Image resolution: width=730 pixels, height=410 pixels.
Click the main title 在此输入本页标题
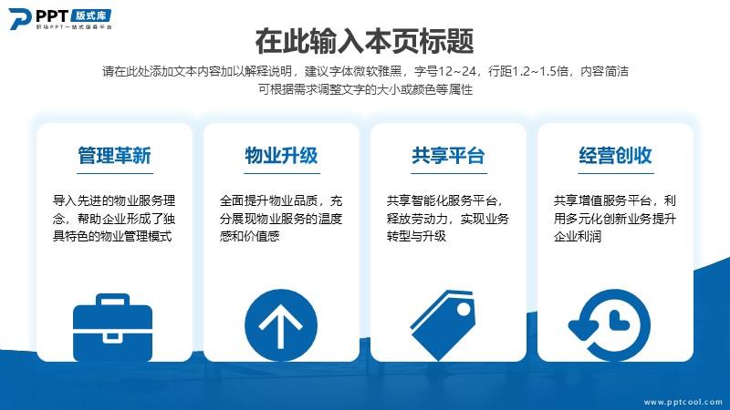click(364, 41)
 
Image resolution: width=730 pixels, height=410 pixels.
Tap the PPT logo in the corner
click(60, 19)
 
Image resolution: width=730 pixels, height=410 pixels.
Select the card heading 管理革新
click(115, 155)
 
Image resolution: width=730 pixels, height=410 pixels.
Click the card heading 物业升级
click(282, 155)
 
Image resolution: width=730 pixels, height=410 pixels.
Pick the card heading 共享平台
click(448, 155)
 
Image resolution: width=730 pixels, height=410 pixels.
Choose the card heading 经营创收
click(615, 155)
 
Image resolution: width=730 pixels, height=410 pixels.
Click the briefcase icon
click(112, 327)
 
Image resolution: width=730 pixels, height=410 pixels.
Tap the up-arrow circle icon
click(281, 325)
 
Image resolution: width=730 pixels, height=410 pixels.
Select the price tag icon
click(443, 325)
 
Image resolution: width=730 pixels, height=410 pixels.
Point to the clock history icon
click(610, 325)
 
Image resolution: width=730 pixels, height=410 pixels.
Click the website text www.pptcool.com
click(683, 402)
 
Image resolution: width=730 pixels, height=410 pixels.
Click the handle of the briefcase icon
click(112, 300)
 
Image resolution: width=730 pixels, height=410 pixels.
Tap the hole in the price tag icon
click(464, 309)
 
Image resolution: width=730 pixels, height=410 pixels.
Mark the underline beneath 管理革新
click(115, 173)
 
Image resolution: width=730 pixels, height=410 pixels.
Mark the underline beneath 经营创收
click(616, 173)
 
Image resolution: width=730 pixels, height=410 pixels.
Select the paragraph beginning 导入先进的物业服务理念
click(114, 219)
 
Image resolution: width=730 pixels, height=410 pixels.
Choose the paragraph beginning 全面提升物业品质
click(281, 219)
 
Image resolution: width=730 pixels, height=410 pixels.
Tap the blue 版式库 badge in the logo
click(91, 15)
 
